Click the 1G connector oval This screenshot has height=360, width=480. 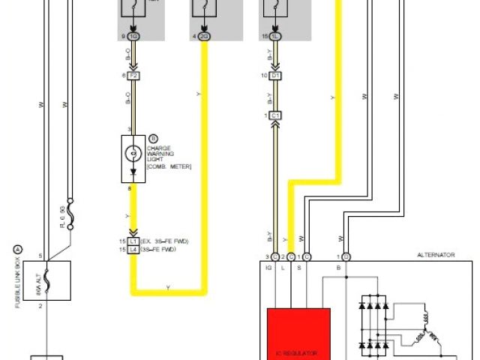(134, 35)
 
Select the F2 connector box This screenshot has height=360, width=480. (134, 76)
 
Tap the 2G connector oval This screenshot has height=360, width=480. (203, 35)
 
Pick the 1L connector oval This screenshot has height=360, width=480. (276, 35)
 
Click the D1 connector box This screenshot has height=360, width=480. (276, 76)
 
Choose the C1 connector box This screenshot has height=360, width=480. (276, 115)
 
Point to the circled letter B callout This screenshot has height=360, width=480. (153, 138)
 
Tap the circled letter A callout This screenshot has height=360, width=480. (18, 250)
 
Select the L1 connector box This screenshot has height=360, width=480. (134, 241)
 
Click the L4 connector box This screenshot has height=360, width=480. (134, 249)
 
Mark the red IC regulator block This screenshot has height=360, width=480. (298, 334)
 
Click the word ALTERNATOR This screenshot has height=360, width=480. (436, 255)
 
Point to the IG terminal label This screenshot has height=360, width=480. (268, 266)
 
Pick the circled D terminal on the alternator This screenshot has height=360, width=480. (346, 257)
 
